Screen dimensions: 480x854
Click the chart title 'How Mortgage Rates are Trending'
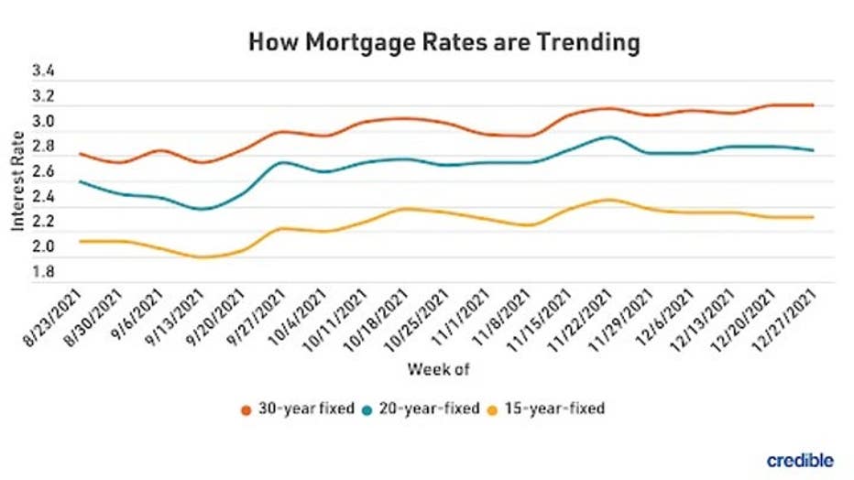(x=443, y=42)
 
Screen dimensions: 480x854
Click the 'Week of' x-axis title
(x=438, y=370)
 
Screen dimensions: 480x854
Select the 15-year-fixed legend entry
(x=553, y=409)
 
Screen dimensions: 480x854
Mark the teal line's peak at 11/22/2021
(x=608, y=136)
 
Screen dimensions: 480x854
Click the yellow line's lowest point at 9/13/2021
(x=203, y=257)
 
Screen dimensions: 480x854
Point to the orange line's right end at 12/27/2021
(x=813, y=105)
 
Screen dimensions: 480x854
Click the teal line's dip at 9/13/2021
(x=203, y=209)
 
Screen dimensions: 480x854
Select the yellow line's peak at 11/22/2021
(x=608, y=199)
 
